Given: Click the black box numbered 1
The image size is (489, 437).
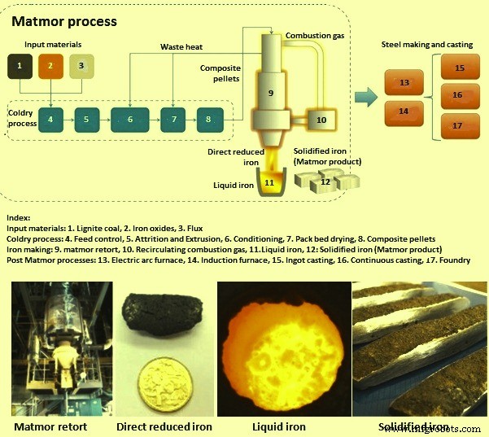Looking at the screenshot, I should point(20,64).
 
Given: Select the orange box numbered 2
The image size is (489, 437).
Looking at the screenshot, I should point(50,64).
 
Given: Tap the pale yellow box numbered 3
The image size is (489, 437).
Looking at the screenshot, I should point(81,64).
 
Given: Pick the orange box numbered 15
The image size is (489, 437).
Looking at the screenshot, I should point(458,68).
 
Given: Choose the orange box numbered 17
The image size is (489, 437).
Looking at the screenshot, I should point(458,125).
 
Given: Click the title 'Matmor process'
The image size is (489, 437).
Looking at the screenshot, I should point(63,20).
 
